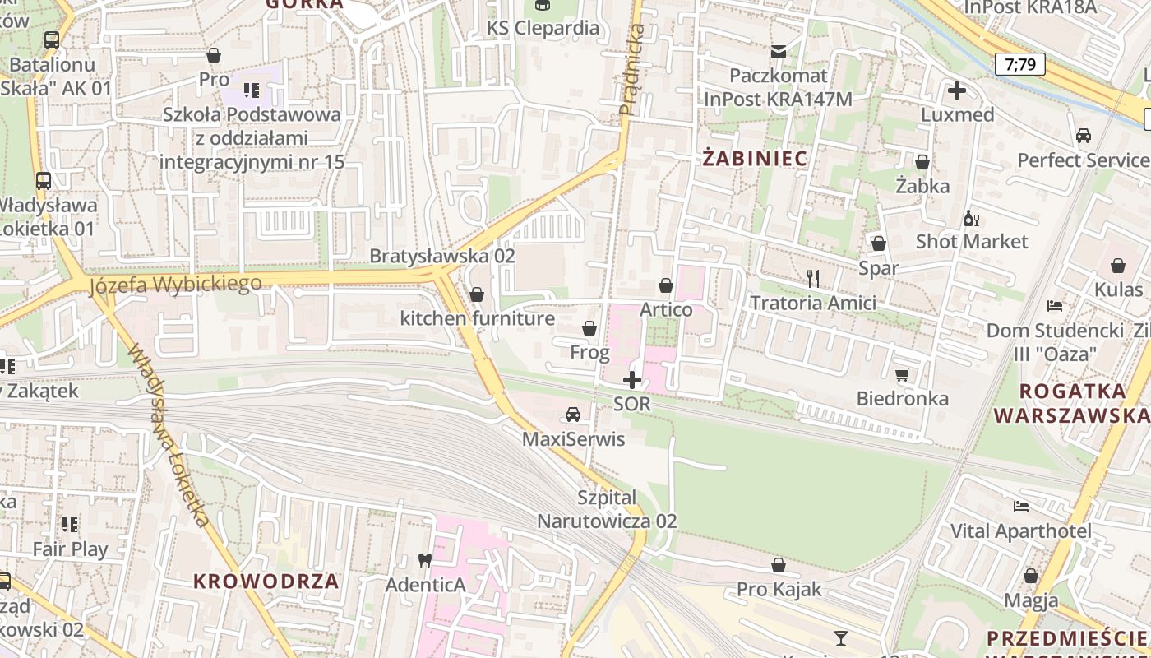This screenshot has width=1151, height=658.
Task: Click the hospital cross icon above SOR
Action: point(631,380)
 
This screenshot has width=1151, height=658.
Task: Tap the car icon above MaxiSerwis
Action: point(573,415)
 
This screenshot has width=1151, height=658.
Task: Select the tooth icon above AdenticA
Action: point(425,561)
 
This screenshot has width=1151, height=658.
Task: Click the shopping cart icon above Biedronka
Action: point(902,375)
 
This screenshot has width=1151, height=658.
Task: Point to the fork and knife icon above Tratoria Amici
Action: point(813,278)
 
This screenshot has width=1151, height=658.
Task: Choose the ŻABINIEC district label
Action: point(755,158)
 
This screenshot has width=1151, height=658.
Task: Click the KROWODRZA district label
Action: point(266,581)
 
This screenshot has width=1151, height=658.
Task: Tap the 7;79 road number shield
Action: point(1019,64)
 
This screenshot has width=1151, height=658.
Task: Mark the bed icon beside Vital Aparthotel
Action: point(1021,507)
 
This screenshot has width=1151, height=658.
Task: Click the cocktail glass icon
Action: point(840,637)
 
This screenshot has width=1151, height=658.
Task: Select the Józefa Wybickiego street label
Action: point(175,285)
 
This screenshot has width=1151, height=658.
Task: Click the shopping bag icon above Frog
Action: point(589,329)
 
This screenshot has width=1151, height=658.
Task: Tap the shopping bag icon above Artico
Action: point(665,285)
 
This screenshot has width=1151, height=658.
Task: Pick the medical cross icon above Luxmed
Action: point(957,90)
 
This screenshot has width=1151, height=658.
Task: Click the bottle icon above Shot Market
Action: point(971,219)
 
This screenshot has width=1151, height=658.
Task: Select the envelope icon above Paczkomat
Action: point(779,52)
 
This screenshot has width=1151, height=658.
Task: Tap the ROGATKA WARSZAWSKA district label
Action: point(1071,403)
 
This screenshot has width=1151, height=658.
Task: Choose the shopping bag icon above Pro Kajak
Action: point(778,566)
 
